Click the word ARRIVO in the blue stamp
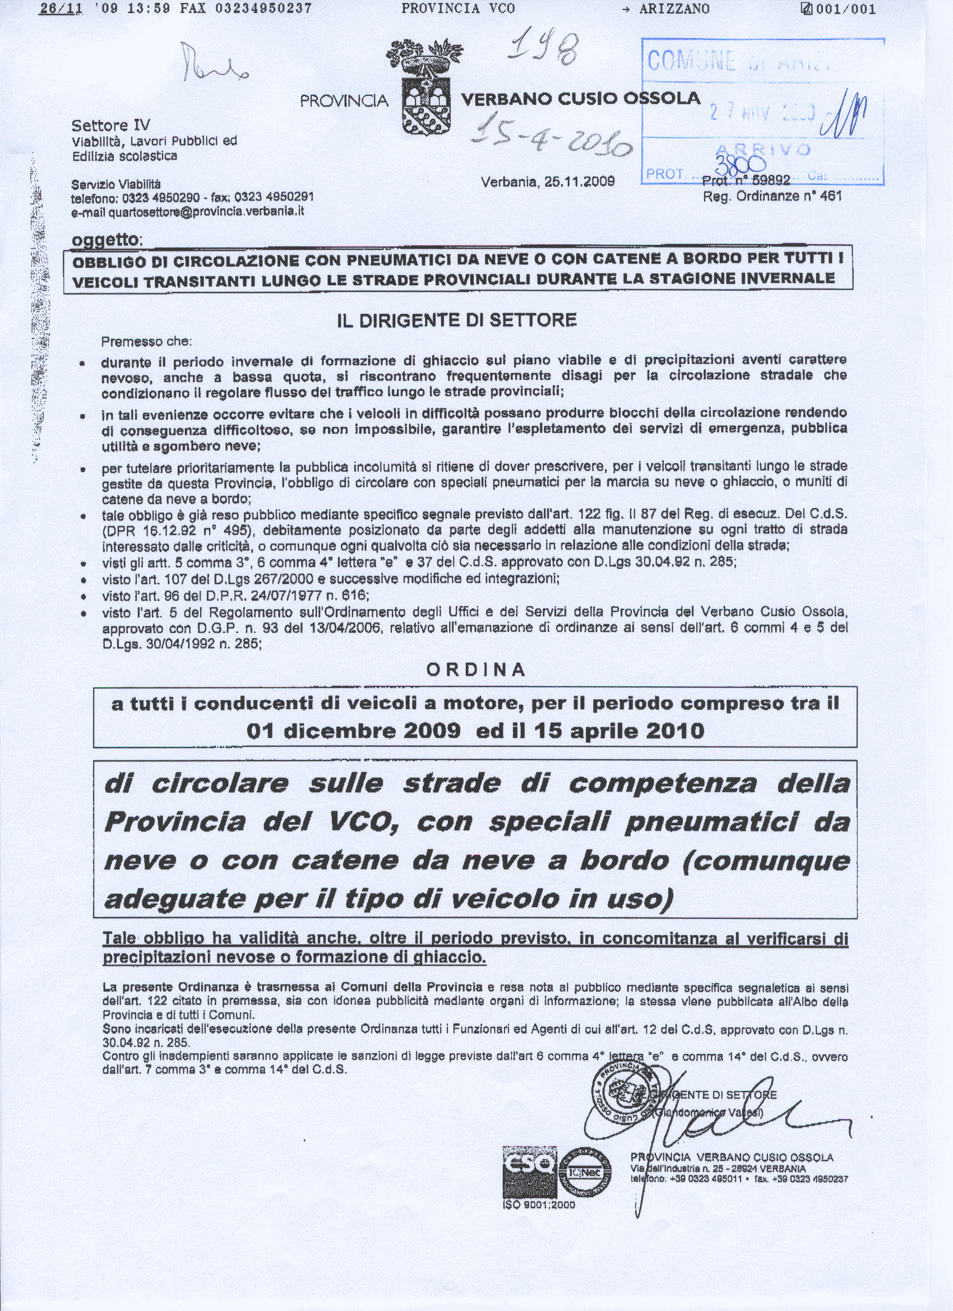click(764, 149)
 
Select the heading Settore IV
click(110, 125)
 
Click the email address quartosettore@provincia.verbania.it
click(206, 212)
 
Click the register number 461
click(830, 196)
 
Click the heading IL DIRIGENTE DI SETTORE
click(457, 320)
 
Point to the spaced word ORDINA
click(476, 670)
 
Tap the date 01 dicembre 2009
click(353, 731)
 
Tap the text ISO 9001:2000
click(539, 1205)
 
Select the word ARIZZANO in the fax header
click(674, 8)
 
